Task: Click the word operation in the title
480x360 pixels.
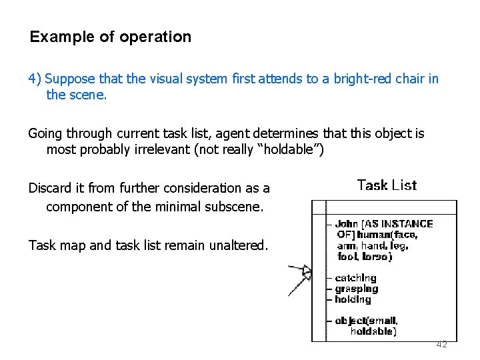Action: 155,37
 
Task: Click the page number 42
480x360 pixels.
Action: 441,345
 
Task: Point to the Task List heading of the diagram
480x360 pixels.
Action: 387,185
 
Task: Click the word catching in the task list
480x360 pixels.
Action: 355,278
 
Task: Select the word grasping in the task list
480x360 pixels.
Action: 356,289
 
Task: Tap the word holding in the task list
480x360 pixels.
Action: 353,299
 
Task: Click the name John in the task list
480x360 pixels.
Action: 347,224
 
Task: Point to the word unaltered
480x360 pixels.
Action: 238,245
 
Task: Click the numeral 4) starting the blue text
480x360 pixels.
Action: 35,79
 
